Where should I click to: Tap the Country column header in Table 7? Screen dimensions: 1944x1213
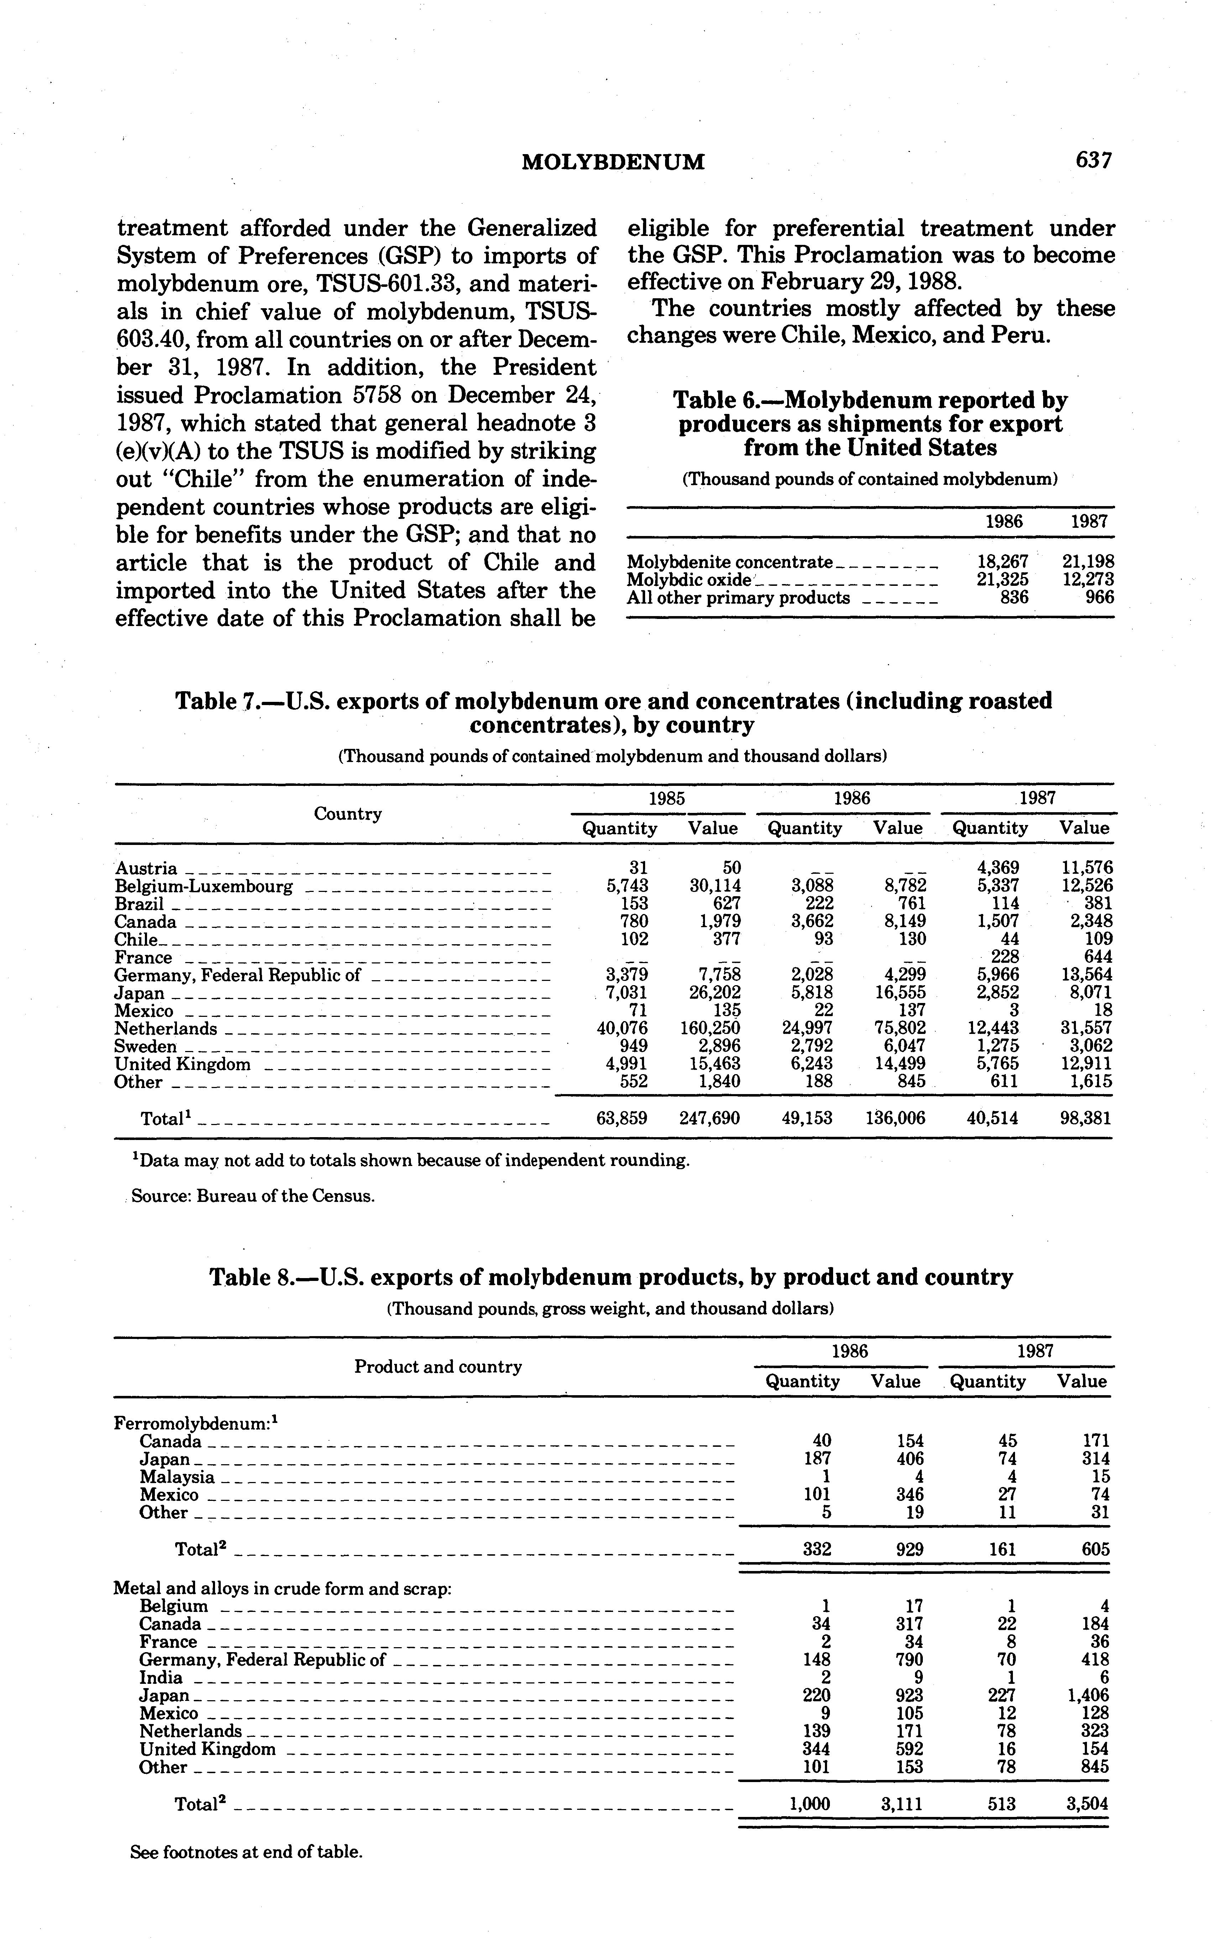click(x=347, y=814)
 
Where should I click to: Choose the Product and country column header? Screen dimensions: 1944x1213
click(x=438, y=1367)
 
